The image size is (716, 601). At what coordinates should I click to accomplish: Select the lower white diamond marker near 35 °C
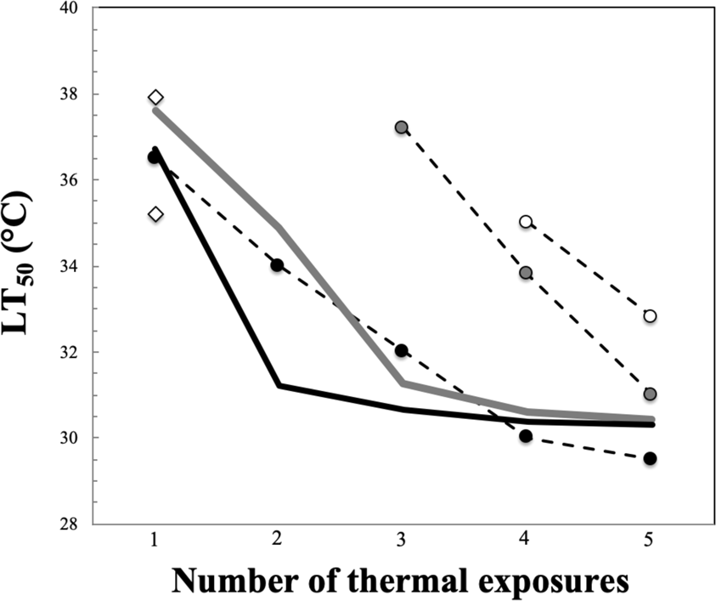(x=155, y=214)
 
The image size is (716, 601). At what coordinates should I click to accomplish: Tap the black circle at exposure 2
(x=277, y=265)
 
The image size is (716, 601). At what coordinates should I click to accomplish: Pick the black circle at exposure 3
(x=402, y=350)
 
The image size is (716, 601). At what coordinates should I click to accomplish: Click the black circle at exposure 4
(x=526, y=436)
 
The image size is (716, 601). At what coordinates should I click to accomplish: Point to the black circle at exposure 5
(x=650, y=458)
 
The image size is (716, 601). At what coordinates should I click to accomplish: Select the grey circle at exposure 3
(x=402, y=128)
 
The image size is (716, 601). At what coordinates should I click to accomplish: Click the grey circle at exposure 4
(x=526, y=273)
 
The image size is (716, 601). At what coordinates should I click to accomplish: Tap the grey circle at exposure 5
(x=650, y=394)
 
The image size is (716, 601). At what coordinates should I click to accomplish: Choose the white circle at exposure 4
(x=526, y=222)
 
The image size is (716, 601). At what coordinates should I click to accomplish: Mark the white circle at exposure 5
(x=650, y=316)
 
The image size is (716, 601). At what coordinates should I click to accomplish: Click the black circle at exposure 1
(x=154, y=157)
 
